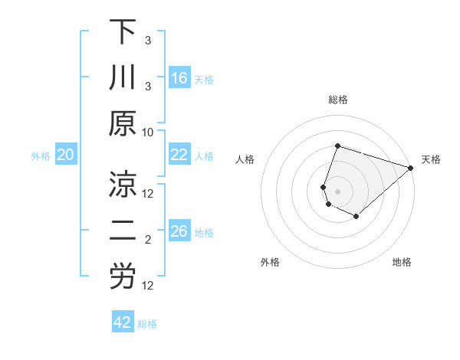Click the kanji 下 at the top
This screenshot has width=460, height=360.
(122, 32)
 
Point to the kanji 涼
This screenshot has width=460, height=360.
(122, 185)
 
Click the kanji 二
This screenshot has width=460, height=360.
(122, 231)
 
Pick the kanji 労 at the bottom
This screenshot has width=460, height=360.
(122, 277)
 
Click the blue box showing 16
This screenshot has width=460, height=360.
(179, 77)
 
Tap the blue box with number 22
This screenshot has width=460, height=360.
(179, 155)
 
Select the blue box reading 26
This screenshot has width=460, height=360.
(179, 231)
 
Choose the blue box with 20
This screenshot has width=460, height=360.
(66, 155)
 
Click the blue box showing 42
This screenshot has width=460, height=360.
(123, 322)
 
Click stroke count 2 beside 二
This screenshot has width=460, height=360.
(148, 240)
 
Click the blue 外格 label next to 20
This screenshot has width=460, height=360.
(41, 155)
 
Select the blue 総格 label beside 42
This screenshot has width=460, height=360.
(147, 324)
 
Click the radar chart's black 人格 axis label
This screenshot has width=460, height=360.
(245, 159)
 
